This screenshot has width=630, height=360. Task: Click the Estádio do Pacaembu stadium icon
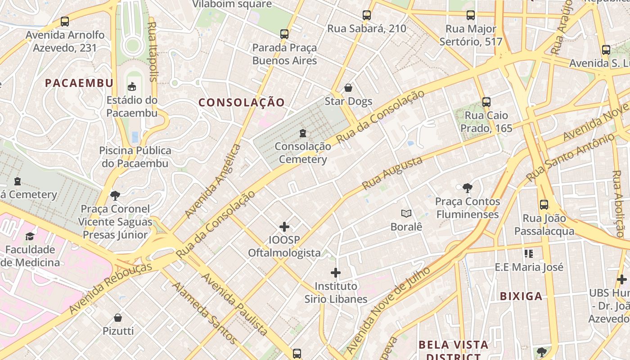132,86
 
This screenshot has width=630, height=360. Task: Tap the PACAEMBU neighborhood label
79,83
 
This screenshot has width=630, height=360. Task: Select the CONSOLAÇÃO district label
242,103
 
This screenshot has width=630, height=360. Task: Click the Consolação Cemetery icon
303,133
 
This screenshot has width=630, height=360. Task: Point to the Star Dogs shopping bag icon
348,88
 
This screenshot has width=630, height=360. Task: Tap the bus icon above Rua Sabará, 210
367,15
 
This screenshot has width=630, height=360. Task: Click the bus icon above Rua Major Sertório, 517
471,15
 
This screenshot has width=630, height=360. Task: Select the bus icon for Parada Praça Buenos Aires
284,34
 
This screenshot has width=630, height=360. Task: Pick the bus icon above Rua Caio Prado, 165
486,102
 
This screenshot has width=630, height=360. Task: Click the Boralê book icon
406,213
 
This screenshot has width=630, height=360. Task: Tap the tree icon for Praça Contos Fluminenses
468,188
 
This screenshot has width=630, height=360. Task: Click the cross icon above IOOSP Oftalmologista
284,226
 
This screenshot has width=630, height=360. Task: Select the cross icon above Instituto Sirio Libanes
336,273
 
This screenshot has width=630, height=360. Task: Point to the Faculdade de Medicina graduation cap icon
30,236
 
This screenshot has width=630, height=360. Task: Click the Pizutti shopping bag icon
118,318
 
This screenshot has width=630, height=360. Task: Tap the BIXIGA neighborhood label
521,296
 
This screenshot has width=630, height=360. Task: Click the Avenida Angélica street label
213,181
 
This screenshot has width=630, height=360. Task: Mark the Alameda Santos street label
204,313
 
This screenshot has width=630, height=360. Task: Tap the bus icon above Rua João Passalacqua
544,205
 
